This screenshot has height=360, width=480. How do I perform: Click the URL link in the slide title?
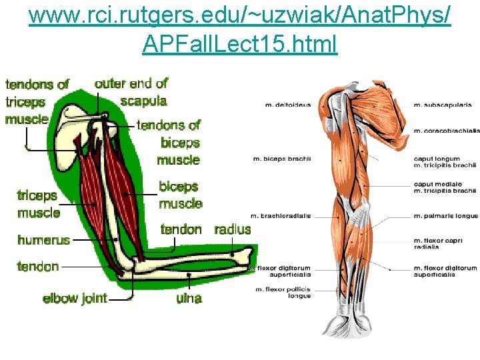point(240,29)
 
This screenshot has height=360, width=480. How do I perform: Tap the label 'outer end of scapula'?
point(131,92)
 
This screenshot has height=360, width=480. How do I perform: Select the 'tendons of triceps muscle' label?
point(36,102)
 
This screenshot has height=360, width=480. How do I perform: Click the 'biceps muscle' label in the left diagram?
point(180,195)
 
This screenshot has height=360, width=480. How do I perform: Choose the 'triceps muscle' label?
point(38,204)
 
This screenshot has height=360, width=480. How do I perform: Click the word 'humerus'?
point(43,240)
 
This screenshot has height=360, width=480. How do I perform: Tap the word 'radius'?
point(233,230)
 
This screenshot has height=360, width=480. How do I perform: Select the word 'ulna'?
point(189,298)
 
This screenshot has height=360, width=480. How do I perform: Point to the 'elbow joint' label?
point(75,298)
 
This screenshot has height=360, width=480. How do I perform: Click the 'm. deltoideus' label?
point(287,105)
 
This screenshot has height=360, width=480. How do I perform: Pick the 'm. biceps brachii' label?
point(282,158)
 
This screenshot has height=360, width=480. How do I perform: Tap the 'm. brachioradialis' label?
point(280,216)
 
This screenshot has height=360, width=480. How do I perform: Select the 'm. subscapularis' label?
point(443,105)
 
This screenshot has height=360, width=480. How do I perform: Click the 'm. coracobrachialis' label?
point(446,131)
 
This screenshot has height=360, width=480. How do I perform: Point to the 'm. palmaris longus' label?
point(445,216)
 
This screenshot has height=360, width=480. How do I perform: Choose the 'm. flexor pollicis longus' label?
point(283,293)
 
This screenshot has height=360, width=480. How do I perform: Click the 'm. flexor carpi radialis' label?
point(438,243)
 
